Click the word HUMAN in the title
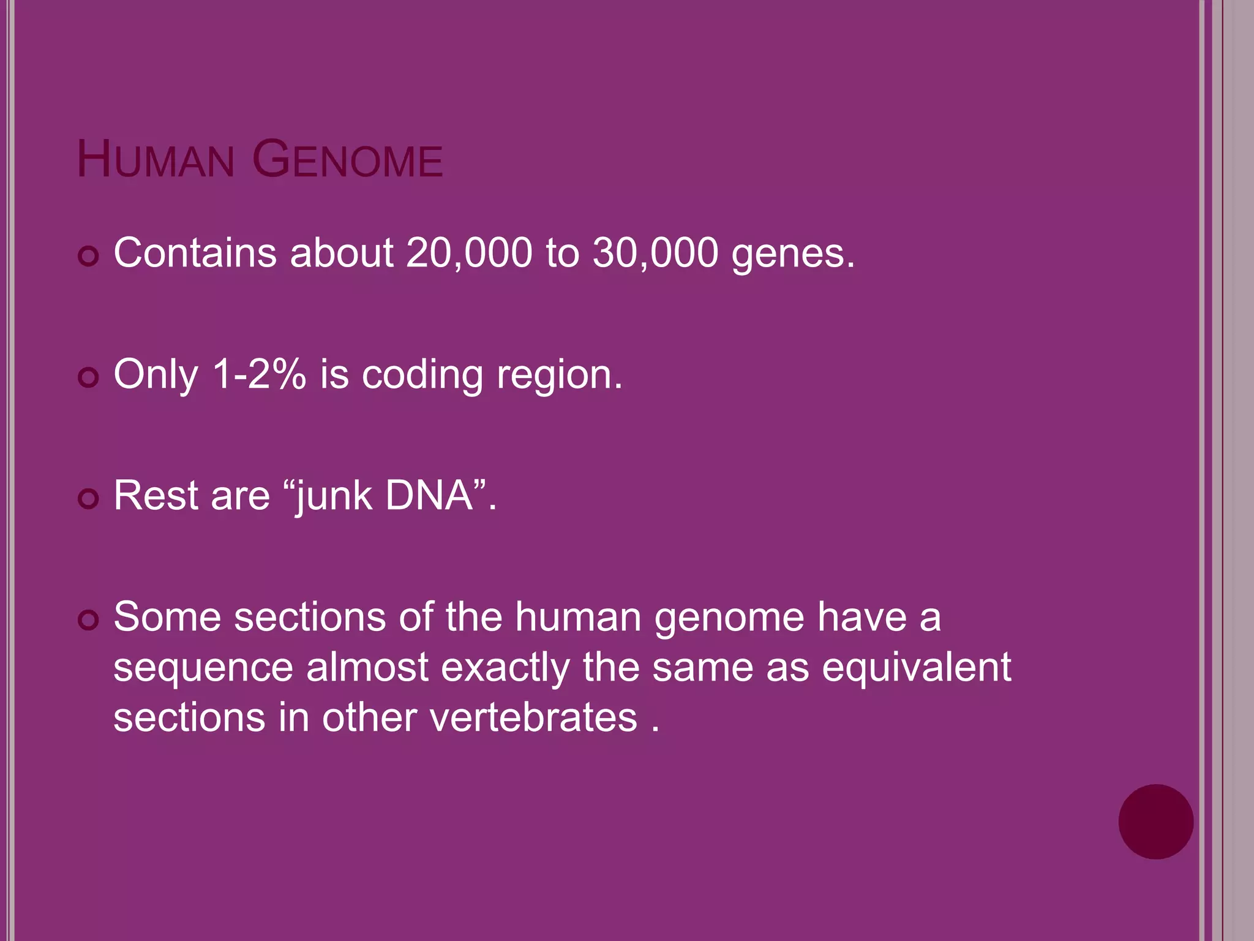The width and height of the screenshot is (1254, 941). [156, 161]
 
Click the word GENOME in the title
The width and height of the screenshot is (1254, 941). [347, 161]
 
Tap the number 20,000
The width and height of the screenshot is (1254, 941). [469, 252]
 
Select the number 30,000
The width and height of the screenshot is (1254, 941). [655, 252]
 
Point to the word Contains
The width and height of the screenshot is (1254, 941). [195, 252]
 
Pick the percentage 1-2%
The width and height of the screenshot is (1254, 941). [259, 374]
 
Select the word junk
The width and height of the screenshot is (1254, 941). [334, 496]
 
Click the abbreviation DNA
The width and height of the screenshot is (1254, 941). [429, 495]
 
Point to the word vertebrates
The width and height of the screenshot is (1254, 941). [533, 717]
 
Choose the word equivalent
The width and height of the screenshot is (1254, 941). [916, 668]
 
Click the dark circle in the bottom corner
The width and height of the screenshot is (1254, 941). [1155, 822]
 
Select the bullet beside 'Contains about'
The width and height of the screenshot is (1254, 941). [89, 256]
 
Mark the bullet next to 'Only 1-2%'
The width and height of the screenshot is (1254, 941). [89, 377]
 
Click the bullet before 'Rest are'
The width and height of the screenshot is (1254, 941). [89, 499]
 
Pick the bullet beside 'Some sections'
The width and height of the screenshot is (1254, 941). [89, 620]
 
